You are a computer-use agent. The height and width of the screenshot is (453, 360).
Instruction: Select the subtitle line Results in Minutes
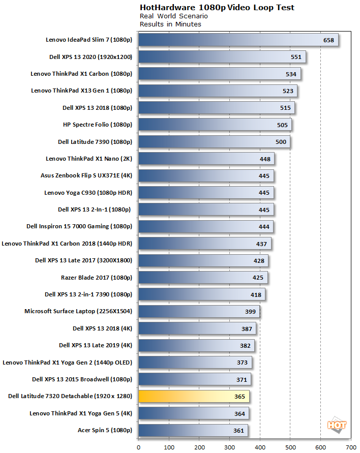170,24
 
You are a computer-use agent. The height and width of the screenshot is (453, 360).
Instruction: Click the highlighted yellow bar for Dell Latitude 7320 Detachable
193,397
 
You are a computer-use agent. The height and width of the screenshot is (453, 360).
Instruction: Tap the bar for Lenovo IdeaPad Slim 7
238,40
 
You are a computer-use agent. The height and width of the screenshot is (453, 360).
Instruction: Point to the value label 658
328,40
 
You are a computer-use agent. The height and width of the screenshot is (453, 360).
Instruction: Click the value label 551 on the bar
296,57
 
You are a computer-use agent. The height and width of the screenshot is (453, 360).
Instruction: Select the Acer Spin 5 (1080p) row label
104,430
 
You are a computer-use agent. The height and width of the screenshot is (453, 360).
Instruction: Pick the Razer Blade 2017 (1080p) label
96,278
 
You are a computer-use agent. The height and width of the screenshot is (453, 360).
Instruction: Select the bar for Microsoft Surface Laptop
199,312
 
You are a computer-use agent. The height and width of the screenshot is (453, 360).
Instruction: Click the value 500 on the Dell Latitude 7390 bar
280,142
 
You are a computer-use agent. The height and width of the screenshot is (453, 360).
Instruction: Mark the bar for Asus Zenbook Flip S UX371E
206,176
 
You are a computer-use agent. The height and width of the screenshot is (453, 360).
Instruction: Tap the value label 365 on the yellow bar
239,397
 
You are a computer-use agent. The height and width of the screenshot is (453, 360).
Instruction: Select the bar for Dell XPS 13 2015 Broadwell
194,379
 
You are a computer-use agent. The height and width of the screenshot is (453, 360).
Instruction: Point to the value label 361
238,431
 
